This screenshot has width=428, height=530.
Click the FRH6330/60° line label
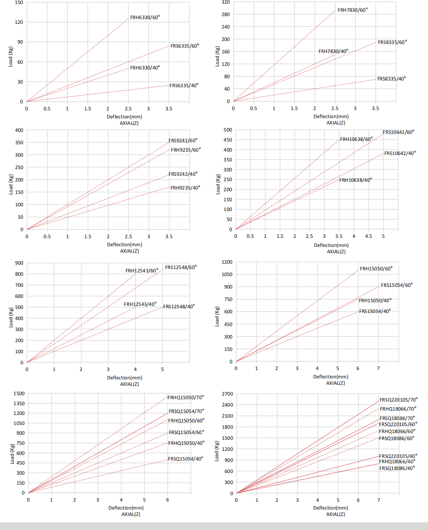pos(145,17)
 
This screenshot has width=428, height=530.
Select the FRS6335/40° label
pos(184,86)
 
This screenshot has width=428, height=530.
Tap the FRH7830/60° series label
pos(352,10)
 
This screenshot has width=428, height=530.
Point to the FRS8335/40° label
pos(391,79)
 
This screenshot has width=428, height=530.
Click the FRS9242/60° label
pos(183,141)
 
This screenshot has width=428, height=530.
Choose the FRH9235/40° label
pos(185,188)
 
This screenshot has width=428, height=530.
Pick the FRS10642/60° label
pos(398,132)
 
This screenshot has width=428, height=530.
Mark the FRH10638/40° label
pos(355,180)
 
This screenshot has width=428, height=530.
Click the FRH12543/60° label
pos(142,271)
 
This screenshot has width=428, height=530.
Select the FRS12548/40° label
pos(179,307)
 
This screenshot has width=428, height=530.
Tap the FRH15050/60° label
pos(376,269)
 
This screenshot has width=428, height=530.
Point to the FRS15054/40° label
pos(375,311)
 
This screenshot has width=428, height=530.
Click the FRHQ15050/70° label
pos(186,397)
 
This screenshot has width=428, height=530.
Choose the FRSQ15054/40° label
pos(186,459)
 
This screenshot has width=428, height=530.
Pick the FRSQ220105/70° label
pos(398,400)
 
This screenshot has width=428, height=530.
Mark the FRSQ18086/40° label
pos(397,468)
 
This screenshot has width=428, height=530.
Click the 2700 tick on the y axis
pos(227,394)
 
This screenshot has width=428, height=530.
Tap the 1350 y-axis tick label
pos(19,404)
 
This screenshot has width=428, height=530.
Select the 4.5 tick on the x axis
pos(369,236)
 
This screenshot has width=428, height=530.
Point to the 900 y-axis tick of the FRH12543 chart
pos(19,263)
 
